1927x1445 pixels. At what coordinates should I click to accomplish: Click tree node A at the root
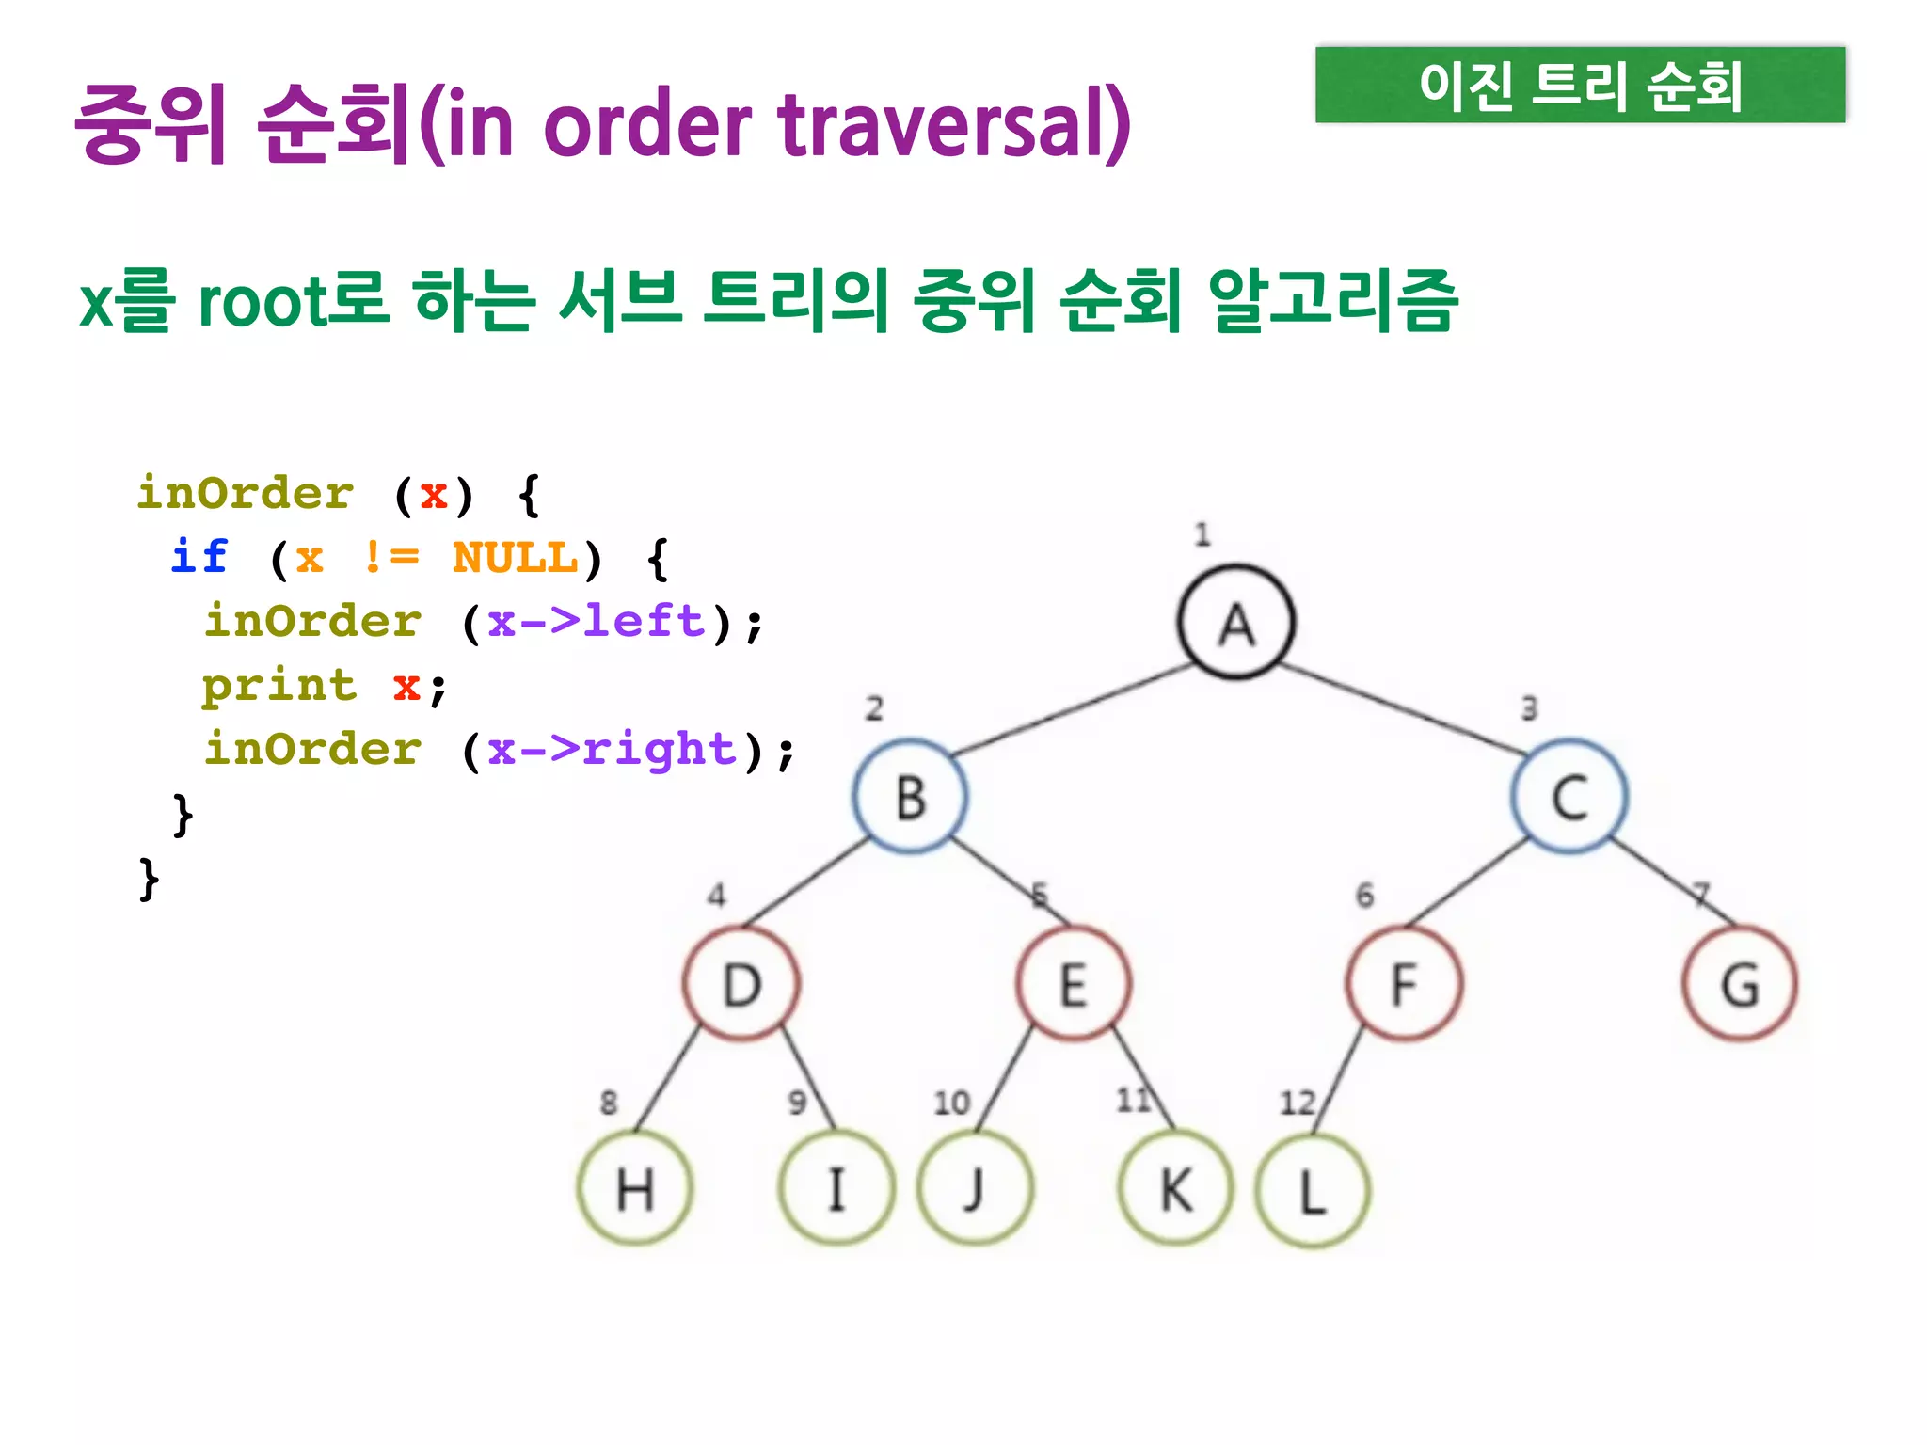pyautogui.click(x=1236, y=623)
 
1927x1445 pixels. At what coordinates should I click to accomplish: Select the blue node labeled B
pyautogui.click(x=911, y=797)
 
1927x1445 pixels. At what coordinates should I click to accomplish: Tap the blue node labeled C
pyautogui.click(x=1569, y=797)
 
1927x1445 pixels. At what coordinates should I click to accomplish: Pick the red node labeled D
pyautogui.click(x=741, y=984)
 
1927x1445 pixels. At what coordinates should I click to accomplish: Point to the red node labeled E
pyautogui.click(x=1074, y=984)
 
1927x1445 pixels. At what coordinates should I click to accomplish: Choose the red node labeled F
pyautogui.click(x=1404, y=984)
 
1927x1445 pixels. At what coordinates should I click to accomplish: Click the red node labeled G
pyautogui.click(x=1740, y=984)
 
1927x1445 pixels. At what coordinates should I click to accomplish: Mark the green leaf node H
pyautogui.click(x=635, y=1189)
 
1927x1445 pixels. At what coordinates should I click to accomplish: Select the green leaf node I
pyautogui.click(x=836, y=1189)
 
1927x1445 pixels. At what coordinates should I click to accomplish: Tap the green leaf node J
pyautogui.click(x=976, y=1189)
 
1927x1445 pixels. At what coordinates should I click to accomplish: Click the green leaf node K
pyautogui.click(x=1175, y=1189)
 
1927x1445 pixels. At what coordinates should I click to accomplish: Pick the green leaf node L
pyautogui.click(x=1313, y=1191)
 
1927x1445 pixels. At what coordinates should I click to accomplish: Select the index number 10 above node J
pyautogui.click(x=951, y=1103)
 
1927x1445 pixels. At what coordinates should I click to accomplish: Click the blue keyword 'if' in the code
pyautogui.click(x=199, y=557)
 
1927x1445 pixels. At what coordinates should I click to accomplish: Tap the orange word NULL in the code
pyautogui.click(x=515, y=558)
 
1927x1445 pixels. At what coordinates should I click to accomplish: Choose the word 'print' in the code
pyautogui.click(x=279, y=686)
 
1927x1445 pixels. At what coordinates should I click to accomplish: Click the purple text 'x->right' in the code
pyautogui.click(x=612, y=750)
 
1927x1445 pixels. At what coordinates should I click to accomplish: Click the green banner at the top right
pyautogui.click(x=1580, y=85)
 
